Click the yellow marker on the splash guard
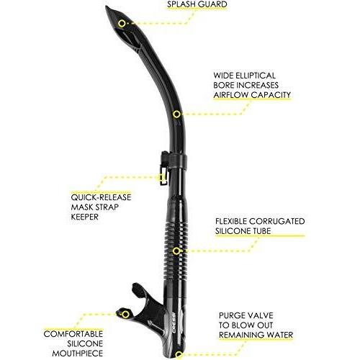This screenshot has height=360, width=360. pyautogui.click(x=122, y=24)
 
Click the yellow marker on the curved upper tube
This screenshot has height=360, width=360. pyautogui.click(x=176, y=114)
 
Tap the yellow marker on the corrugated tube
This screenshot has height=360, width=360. pyautogui.click(x=176, y=251)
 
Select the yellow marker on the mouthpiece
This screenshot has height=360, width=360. pyautogui.click(x=125, y=315)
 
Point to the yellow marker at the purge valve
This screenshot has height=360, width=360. pyautogui.click(x=179, y=354)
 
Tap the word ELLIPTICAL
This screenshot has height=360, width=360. pyautogui.click(x=256, y=76)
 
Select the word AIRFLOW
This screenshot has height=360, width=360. pyautogui.click(x=230, y=95)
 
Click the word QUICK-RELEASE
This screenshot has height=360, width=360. pyautogui.click(x=101, y=197)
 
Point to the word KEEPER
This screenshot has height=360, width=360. pyautogui.click(x=85, y=217)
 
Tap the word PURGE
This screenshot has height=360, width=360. pyautogui.click(x=233, y=315)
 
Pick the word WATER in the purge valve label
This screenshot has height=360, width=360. pyautogui.click(x=278, y=335)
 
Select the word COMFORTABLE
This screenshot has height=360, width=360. pyautogui.click(x=73, y=334)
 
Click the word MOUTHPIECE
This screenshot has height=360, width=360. pyautogui.click(x=78, y=354)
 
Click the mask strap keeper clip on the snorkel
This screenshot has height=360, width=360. pyautogui.click(x=165, y=168)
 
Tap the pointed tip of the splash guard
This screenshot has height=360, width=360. pyautogui.click(x=106, y=6)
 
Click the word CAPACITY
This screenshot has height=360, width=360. pyautogui.click(x=271, y=95)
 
